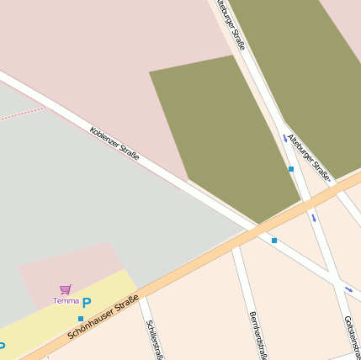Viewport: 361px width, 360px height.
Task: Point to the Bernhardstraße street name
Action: pos(257,335)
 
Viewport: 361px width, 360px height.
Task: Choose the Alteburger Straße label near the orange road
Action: pos(309,157)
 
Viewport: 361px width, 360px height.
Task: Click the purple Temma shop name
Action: pos(66,300)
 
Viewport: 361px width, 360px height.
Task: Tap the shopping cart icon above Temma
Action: pos(66,289)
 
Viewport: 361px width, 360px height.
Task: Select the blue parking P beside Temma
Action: pos(87,302)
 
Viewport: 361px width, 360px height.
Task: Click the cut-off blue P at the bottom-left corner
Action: pos(2,347)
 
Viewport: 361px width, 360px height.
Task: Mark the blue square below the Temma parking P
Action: pos(81,319)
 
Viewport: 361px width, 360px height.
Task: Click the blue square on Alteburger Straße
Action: pos(291,169)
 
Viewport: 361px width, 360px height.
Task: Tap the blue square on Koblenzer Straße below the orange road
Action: pos(273,241)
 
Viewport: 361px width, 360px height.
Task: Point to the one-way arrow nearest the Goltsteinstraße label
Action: pos(348,290)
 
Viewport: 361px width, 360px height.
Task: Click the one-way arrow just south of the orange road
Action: pos(314,218)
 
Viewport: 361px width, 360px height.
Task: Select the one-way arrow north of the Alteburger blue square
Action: pos(284,137)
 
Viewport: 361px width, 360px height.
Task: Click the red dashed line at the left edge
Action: pos(21,114)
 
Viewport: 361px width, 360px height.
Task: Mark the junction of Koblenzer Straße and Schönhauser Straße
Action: pos(255,228)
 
